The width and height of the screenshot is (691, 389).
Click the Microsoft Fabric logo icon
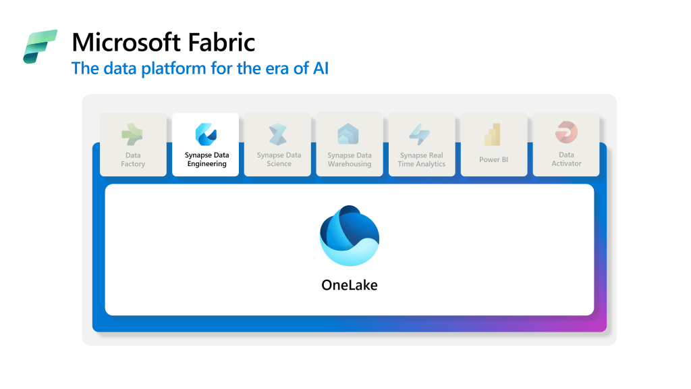tap(40, 47)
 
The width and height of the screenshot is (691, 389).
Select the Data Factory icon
tap(132, 134)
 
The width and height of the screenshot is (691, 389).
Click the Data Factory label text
tap(133, 159)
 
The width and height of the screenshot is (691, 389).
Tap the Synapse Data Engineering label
tap(206, 159)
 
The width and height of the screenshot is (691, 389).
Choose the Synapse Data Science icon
tap(278, 134)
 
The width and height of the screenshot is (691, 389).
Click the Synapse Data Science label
tap(279, 159)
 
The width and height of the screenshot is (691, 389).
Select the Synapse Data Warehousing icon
tap(349, 134)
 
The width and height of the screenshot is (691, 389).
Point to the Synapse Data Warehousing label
tap(350, 159)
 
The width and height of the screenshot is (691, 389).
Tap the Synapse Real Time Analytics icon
tap(420, 134)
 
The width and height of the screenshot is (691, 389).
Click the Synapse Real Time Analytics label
tap(422, 159)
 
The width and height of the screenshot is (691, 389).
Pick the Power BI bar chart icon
tap(493, 134)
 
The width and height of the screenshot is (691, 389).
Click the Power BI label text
tap(493, 160)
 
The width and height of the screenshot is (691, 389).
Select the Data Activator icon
tap(565, 132)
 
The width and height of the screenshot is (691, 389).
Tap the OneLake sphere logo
tap(349, 236)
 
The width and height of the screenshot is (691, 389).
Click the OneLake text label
tap(349, 285)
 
